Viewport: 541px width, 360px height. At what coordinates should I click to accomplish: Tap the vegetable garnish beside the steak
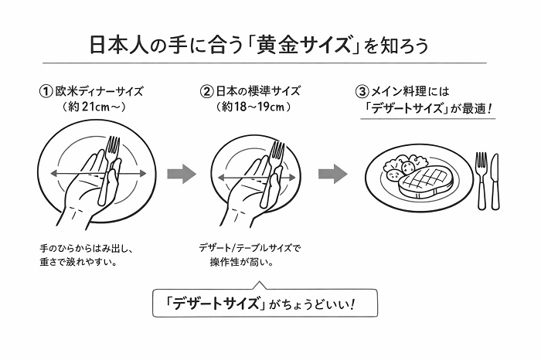pos(402,164)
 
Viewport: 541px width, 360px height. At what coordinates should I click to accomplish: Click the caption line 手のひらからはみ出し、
pos(87,248)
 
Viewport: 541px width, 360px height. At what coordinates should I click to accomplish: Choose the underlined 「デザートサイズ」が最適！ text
pos(429,109)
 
